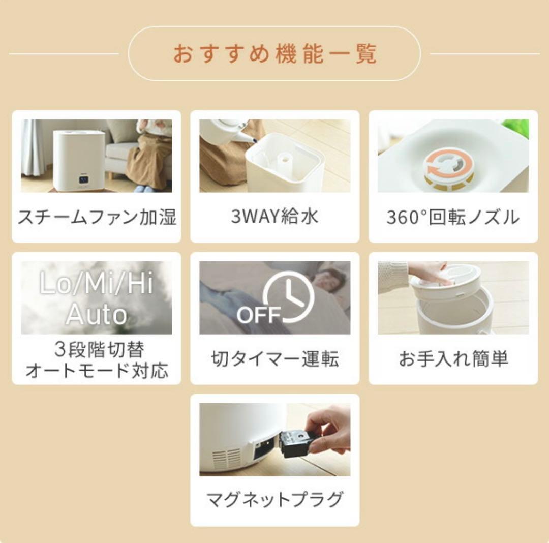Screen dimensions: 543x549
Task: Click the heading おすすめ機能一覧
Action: [274, 54]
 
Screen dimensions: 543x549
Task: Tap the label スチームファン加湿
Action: [97, 217]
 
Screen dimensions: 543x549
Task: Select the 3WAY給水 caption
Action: [274, 217]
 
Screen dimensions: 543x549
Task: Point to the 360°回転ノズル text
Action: [453, 217]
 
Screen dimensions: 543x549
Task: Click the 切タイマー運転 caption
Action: [274, 359]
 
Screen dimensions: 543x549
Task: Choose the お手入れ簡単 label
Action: [453, 359]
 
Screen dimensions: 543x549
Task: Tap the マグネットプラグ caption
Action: [274, 499]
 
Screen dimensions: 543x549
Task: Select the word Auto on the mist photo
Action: [97, 314]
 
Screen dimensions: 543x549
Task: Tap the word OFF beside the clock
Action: [259, 315]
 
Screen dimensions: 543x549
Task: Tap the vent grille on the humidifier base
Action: [227, 457]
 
